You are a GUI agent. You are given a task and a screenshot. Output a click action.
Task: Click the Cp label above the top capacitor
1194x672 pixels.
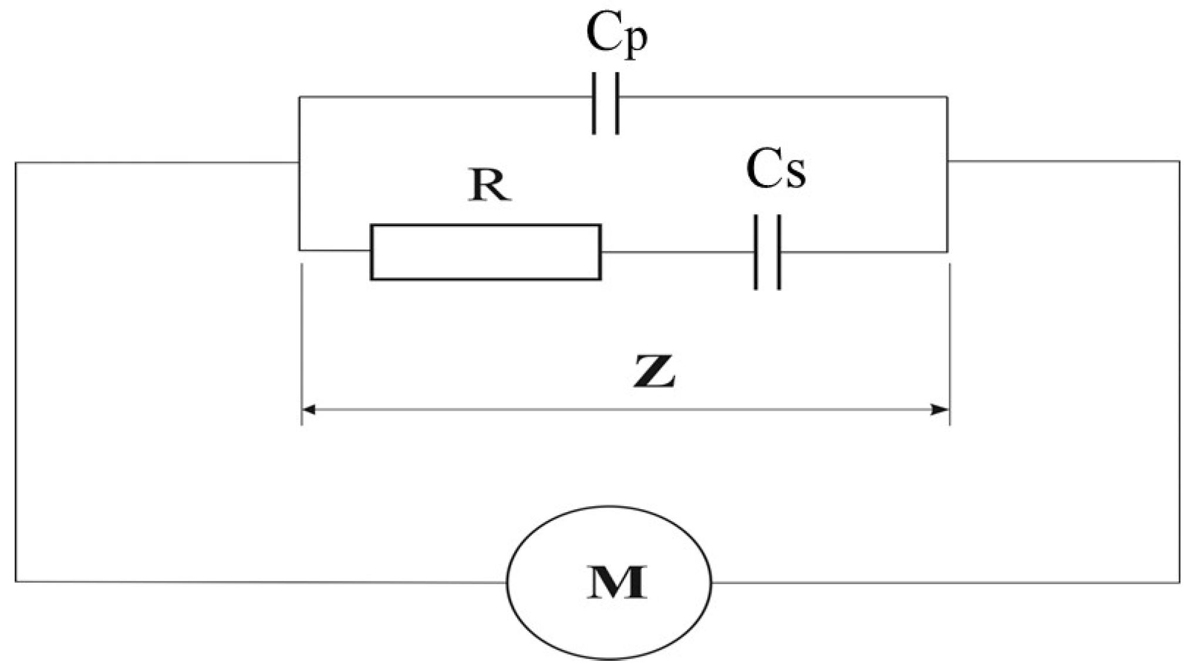coord(616,35)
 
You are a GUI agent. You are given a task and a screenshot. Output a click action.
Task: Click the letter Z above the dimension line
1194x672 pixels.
coord(654,371)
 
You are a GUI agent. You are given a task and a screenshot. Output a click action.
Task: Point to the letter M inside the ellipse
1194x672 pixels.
coord(616,582)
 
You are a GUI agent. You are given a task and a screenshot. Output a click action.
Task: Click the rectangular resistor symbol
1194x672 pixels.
coord(485,252)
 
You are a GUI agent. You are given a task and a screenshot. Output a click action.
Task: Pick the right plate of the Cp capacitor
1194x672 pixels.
coord(616,103)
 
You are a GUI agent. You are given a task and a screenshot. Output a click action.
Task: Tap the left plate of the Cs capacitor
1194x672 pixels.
coord(756,252)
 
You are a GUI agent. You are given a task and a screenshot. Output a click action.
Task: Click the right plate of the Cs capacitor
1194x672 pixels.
coord(779,252)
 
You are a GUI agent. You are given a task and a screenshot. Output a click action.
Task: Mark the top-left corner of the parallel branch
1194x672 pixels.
coord(299,97)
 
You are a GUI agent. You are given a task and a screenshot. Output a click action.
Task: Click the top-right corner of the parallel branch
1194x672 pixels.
coord(947,97)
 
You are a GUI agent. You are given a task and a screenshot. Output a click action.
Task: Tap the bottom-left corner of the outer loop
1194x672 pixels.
coord(16,582)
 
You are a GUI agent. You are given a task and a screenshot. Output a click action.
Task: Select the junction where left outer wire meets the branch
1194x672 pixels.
coord(299,162)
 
